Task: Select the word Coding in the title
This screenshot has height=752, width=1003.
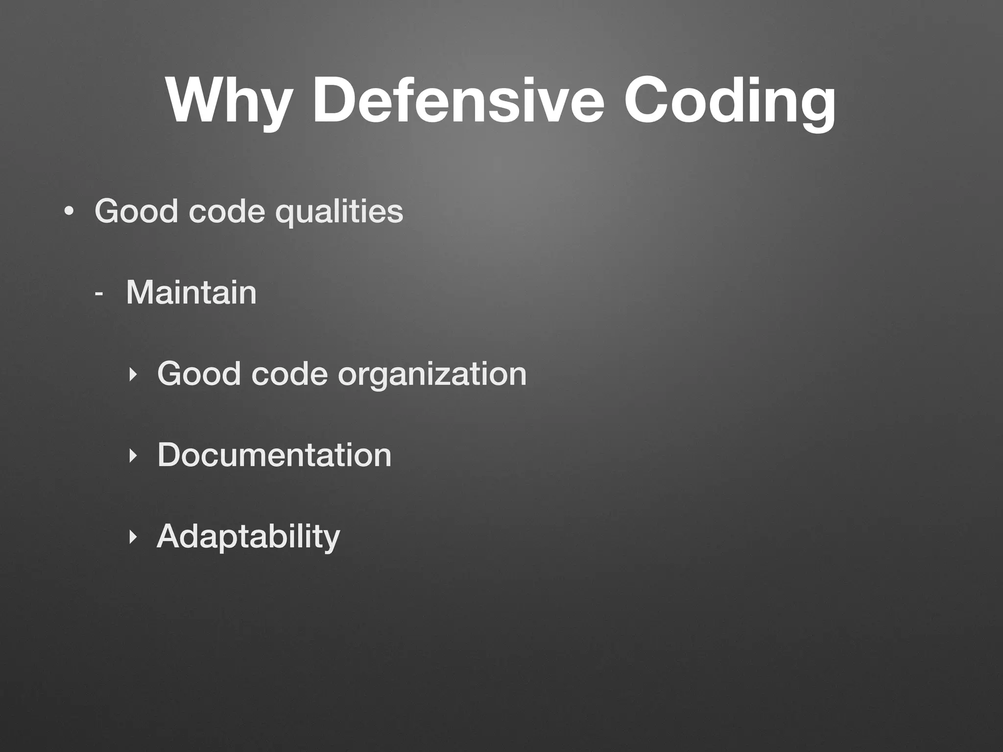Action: pyautogui.click(x=730, y=102)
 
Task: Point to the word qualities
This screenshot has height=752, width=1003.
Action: pyautogui.click(x=339, y=212)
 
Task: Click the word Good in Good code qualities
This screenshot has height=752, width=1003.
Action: pyautogui.click(x=136, y=211)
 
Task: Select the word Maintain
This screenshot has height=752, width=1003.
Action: pyautogui.click(x=191, y=292)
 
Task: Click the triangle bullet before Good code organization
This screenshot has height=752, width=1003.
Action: pyautogui.click(x=132, y=375)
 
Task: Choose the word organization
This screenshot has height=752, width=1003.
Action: pyautogui.click(x=432, y=375)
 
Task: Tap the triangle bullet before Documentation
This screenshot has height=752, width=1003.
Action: pyautogui.click(x=132, y=456)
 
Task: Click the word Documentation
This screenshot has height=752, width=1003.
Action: pyautogui.click(x=274, y=455)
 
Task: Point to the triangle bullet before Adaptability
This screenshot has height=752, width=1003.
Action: pyautogui.click(x=132, y=537)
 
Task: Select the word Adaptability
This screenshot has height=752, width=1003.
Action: pyautogui.click(x=248, y=537)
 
